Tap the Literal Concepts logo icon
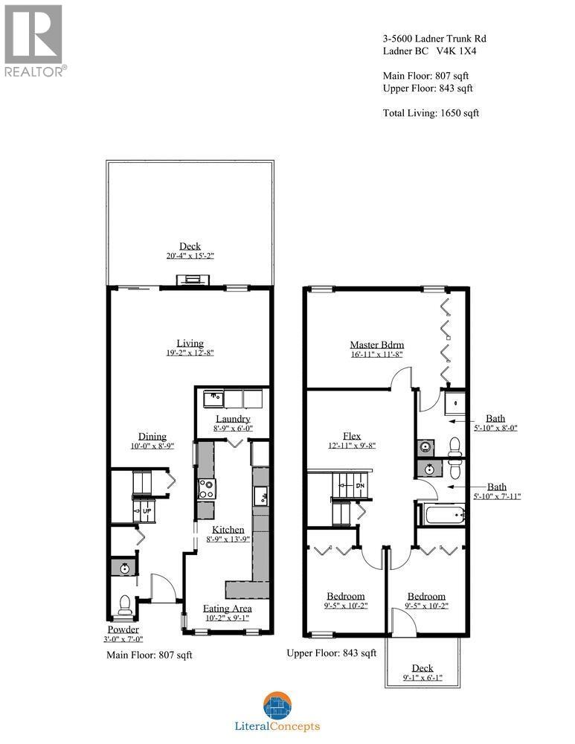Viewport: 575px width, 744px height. click(x=277, y=705)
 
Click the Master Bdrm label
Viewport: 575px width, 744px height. click(x=376, y=344)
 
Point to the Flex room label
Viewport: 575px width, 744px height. click(x=352, y=435)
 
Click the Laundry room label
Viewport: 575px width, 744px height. click(x=232, y=419)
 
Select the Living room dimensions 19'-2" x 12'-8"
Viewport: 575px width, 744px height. click(x=190, y=353)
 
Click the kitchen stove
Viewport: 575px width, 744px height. click(x=205, y=489)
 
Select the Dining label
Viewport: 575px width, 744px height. click(x=152, y=437)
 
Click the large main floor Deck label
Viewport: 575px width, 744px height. click(x=190, y=246)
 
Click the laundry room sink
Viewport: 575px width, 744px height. click(x=213, y=397)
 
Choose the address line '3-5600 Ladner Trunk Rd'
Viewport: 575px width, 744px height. click(x=434, y=39)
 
